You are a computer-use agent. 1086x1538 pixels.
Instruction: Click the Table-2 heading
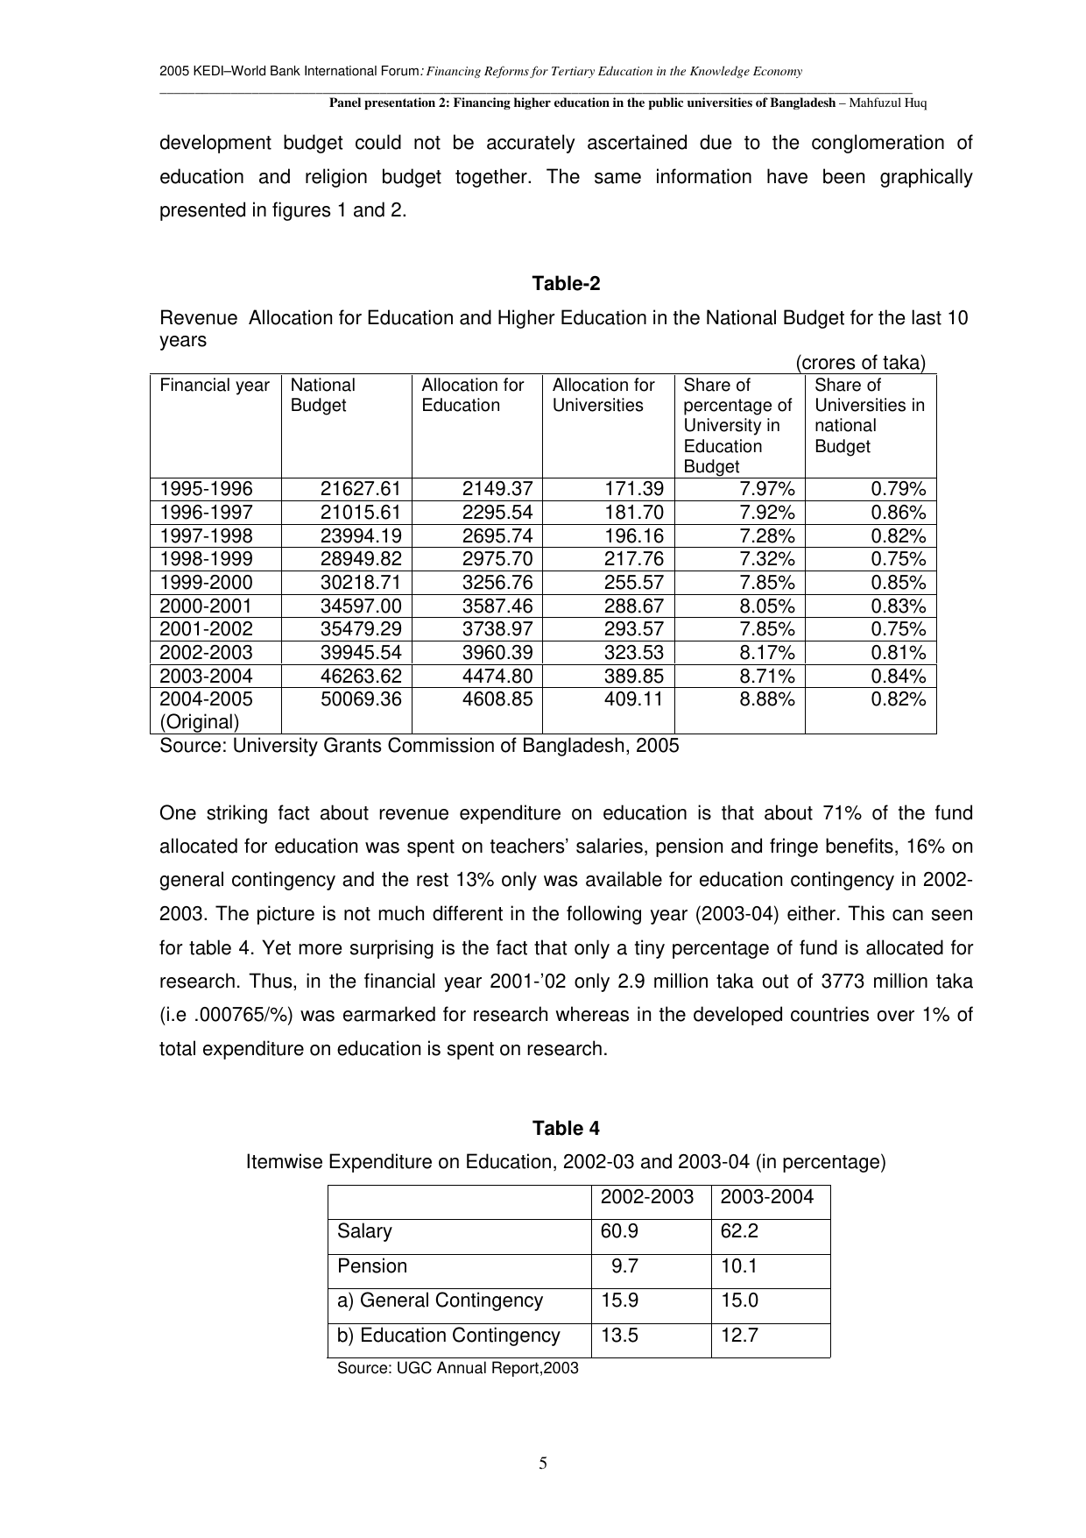(x=566, y=284)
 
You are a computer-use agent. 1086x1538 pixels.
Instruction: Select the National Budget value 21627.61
(x=361, y=489)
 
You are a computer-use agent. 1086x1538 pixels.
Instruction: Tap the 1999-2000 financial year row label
(x=206, y=583)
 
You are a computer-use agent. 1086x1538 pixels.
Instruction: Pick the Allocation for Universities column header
(x=603, y=395)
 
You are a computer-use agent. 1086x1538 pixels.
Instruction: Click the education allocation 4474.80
(x=497, y=676)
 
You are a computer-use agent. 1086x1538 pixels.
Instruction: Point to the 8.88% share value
(x=767, y=699)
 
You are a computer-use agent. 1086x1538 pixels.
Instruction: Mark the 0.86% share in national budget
(x=898, y=513)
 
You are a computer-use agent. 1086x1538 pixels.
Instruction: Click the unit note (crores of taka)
(x=860, y=363)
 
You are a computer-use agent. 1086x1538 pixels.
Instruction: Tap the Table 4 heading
(x=566, y=1128)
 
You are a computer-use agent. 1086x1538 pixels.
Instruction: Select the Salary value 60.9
(x=619, y=1231)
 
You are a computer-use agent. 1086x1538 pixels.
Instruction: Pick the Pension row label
(x=372, y=1266)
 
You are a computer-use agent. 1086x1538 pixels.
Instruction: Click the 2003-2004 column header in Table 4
(x=766, y=1197)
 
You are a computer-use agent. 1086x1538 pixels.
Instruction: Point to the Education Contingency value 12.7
(x=739, y=1336)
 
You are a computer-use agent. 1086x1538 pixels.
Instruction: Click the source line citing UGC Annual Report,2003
(x=458, y=1368)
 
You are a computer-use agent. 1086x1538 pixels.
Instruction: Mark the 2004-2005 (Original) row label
(x=206, y=711)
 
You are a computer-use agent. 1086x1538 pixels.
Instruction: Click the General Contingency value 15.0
(x=739, y=1301)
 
